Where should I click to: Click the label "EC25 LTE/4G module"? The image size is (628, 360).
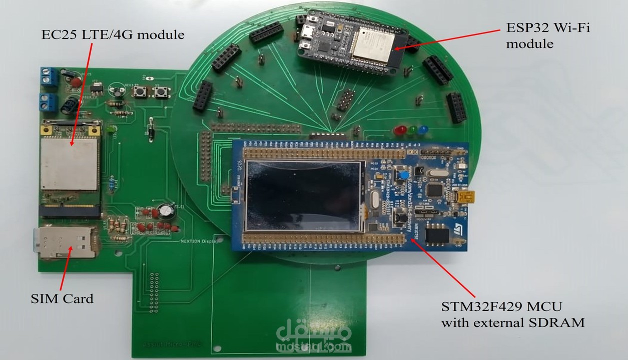(x=113, y=35)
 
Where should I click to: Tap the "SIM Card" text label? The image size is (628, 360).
(x=62, y=299)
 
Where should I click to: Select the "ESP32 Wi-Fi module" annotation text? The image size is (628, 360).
(x=548, y=36)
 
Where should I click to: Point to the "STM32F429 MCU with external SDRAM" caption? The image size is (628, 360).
(x=512, y=314)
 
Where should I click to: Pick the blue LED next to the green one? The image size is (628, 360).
(x=423, y=129)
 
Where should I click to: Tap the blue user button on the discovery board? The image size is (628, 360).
(x=401, y=175)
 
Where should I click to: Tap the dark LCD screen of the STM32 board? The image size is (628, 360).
(x=303, y=195)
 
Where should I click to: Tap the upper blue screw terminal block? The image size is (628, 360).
(x=49, y=76)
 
